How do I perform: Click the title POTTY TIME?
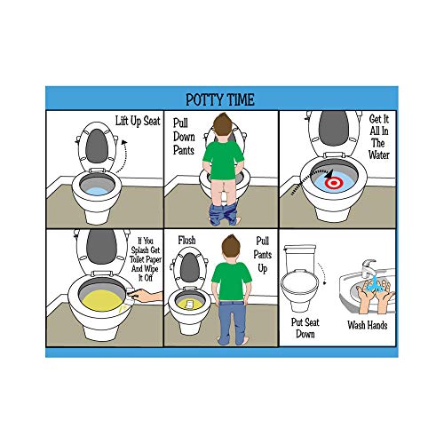point(221,98)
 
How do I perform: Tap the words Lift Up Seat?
point(138,121)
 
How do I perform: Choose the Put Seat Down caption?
point(302,329)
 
